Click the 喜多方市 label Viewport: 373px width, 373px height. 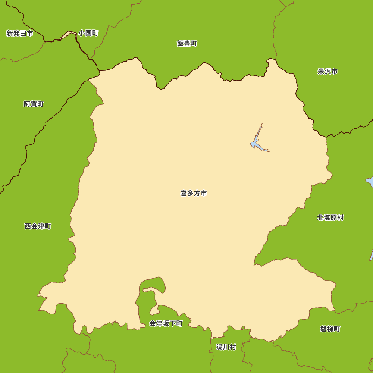pyautogui.click(x=194, y=193)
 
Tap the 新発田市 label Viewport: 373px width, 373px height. pyautogui.click(x=20, y=34)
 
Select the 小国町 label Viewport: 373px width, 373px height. pyautogui.click(x=88, y=33)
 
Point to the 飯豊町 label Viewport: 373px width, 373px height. pyautogui.click(x=187, y=43)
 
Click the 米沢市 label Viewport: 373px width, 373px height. pyautogui.click(x=327, y=71)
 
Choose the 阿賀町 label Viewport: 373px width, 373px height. pyautogui.click(x=34, y=104)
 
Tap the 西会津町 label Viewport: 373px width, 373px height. pyautogui.click(x=38, y=226)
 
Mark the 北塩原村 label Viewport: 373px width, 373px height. pyautogui.click(x=330, y=217)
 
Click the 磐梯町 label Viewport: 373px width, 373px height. pyautogui.click(x=330, y=329)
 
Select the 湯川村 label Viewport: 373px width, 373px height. pyautogui.click(x=226, y=347)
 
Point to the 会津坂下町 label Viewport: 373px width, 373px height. pyautogui.click(x=166, y=323)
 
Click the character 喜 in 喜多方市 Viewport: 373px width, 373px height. pyautogui.click(x=184, y=193)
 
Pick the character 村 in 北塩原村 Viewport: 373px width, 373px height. pyautogui.click(x=340, y=217)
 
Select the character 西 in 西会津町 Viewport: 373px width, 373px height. pyautogui.click(x=28, y=226)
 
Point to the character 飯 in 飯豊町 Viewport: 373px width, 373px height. pyautogui.click(x=180, y=43)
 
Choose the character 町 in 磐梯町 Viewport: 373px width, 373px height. pyautogui.click(x=337, y=329)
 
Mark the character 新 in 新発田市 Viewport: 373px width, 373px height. pyautogui.click(x=10, y=34)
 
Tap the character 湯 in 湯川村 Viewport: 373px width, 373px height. pyautogui.click(x=219, y=347)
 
